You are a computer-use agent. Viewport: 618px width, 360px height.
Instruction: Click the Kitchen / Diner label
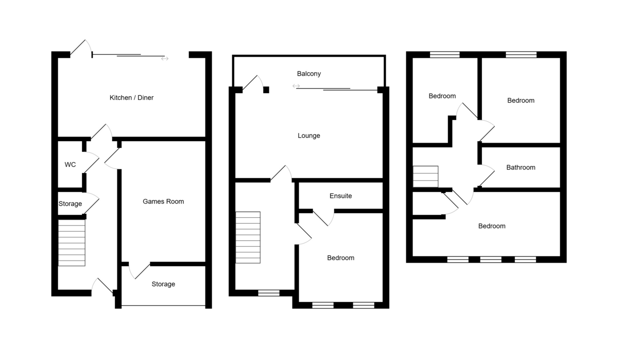pyautogui.click(x=131, y=98)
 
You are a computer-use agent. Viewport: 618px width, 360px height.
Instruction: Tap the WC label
pyautogui.click(x=70, y=165)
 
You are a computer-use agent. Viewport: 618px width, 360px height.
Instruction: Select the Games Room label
pyautogui.click(x=163, y=201)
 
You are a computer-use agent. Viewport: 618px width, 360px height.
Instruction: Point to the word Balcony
pyautogui.click(x=309, y=74)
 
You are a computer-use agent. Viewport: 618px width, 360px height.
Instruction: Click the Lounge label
pyautogui.click(x=309, y=136)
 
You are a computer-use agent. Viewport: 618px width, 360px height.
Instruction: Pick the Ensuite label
pyautogui.click(x=341, y=196)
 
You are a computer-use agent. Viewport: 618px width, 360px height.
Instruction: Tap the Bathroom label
pyautogui.click(x=521, y=167)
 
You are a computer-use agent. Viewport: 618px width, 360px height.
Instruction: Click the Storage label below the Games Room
pyautogui.click(x=163, y=284)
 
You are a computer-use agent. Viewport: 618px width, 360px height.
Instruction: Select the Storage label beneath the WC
pyautogui.click(x=70, y=204)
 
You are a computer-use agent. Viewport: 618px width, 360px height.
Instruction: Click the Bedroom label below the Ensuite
pyautogui.click(x=341, y=258)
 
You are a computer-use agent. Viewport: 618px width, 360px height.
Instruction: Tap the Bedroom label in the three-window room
pyautogui.click(x=492, y=226)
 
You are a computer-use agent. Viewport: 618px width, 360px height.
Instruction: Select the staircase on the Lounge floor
pyautogui.click(x=248, y=237)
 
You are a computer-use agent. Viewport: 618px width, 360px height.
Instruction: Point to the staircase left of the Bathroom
pyautogui.click(x=425, y=176)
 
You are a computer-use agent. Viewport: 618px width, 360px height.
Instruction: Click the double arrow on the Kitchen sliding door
pyautogui.click(x=165, y=59)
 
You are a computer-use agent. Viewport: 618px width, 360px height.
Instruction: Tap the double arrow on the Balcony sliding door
pyautogui.click(x=296, y=86)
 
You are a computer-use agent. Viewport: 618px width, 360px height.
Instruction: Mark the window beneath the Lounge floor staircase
pyautogui.click(x=268, y=293)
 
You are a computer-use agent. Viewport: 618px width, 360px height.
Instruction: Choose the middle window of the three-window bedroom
pyautogui.click(x=491, y=260)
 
